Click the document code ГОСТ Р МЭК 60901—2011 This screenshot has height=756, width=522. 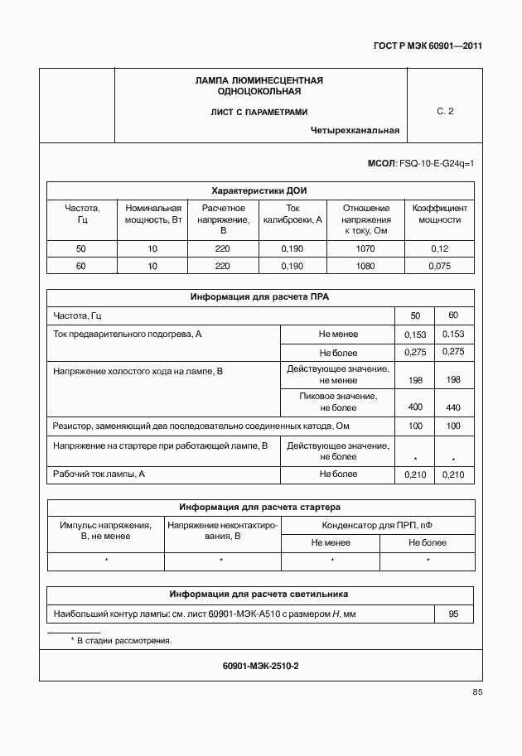coord(428,46)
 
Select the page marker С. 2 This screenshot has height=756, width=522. coord(445,111)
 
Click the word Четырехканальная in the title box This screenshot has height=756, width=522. coord(355,130)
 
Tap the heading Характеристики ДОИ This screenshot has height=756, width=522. coord(259,190)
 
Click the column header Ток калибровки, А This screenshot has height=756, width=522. coord(292,214)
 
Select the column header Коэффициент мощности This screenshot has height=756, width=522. coord(439,214)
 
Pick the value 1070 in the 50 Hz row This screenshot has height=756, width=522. coord(365,248)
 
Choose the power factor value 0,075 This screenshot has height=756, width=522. coord(439,266)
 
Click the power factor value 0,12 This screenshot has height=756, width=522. coord(439,248)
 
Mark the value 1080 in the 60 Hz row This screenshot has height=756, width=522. coord(365,266)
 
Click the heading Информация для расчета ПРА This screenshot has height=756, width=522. coord(260,296)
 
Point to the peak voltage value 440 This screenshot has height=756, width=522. coord(453,407)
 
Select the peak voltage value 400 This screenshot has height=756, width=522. coord(415,407)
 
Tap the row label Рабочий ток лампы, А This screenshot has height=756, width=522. coord(99,474)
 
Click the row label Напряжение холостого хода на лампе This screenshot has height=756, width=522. coord(138,372)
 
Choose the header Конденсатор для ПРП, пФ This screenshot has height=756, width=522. coord(377,525)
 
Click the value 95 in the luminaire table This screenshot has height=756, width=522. coord(453,614)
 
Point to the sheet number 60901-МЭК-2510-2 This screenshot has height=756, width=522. coord(260,666)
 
